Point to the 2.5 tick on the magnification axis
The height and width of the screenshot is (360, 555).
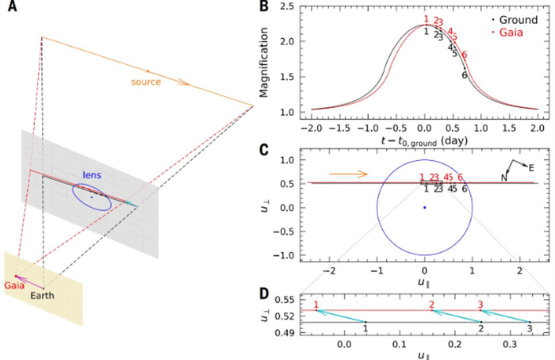(286, 7)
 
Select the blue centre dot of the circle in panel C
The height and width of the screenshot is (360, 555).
(425, 207)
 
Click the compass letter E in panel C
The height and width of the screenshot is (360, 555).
(531, 167)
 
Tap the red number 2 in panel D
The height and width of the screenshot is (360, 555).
(431, 304)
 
